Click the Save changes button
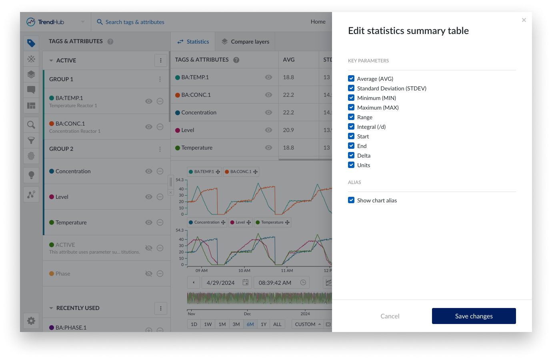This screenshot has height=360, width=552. point(474,316)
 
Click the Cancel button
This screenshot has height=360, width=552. point(390,316)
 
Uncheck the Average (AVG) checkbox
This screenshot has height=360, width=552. point(351,79)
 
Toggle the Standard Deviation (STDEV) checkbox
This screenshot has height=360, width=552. point(351,88)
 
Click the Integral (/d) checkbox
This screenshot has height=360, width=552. point(351,127)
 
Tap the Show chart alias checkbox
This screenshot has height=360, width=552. point(351,200)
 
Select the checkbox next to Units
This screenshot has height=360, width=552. point(351,165)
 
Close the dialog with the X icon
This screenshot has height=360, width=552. point(524,20)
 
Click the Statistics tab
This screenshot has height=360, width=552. point(193,42)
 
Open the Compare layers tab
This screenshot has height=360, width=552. point(245,42)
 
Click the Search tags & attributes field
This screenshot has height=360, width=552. point(135,22)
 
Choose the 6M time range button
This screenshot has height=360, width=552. point(250,324)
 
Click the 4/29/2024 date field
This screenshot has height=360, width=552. point(221,283)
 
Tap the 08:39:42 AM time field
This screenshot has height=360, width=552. point(275,283)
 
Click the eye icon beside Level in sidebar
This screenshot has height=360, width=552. point(149,197)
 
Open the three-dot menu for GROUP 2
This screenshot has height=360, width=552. point(160,149)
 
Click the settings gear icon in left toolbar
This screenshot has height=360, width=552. point(31,320)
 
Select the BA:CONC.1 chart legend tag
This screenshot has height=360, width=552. point(241,172)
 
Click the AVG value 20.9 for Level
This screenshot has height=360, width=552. point(288,130)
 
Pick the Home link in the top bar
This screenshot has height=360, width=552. point(318,22)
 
